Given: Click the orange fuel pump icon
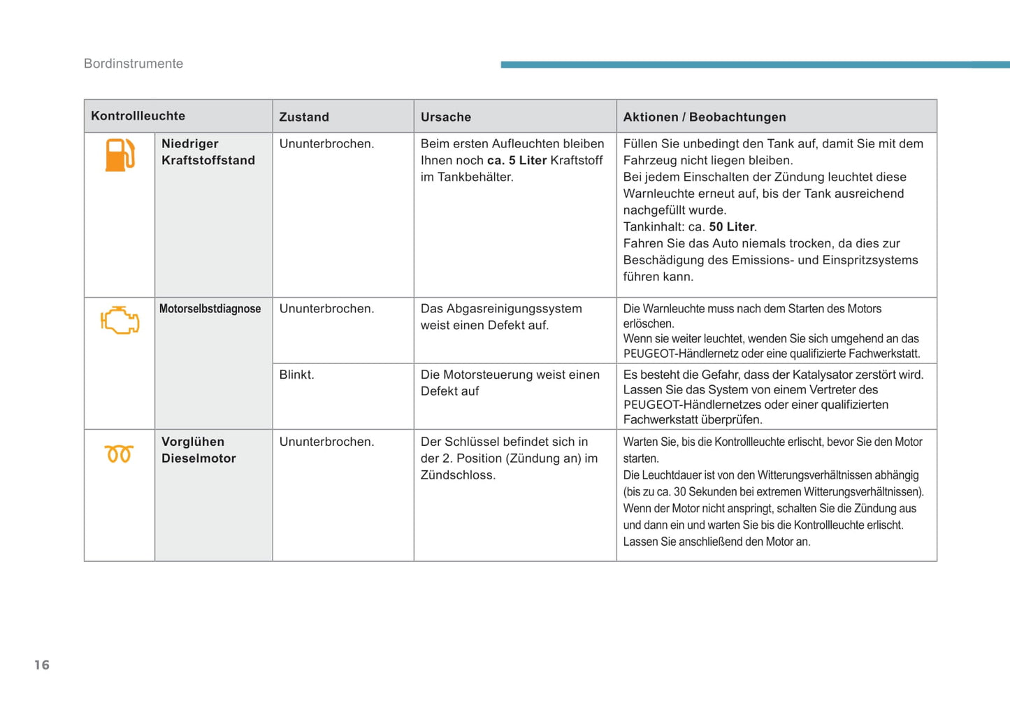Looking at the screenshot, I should coord(120,155).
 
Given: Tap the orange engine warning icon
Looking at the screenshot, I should coord(120,320).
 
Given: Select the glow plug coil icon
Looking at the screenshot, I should coord(119,454).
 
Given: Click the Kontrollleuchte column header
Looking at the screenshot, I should coord(138,116).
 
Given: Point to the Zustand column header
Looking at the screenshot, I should coord(304,117).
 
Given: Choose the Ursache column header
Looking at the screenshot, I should coord(446,117).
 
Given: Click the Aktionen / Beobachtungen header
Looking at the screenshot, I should coord(705,117).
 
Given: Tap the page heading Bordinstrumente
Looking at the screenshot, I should coord(134,64).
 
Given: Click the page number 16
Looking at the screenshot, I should coord(42,665).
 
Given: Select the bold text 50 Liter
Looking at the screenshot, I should coord(732,227).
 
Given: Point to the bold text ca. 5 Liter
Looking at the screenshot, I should coord(517,161).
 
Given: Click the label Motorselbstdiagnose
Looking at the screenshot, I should coord(210,309).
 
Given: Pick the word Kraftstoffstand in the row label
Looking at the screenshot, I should coord(208,161).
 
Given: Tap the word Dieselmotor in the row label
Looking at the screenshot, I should coord(199,458).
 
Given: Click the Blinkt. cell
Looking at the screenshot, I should coord(297,375).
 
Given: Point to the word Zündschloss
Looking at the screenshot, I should coord(458,475).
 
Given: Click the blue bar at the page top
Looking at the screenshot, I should coord(755,64).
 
